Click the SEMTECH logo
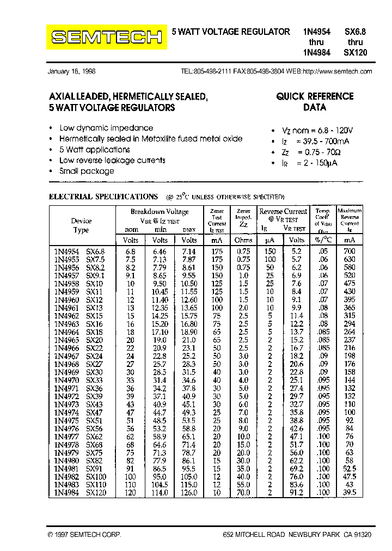click(x=107, y=37)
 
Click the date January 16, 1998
click(x=71, y=71)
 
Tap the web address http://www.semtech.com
click(x=337, y=71)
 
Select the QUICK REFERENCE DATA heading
click(x=315, y=102)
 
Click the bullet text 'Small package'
click(x=87, y=171)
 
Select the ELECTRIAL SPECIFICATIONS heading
click(x=103, y=197)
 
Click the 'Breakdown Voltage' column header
click(x=160, y=212)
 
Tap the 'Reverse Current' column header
click(x=283, y=211)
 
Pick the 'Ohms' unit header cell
click(x=243, y=240)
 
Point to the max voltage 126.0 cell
click(x=189, y=493)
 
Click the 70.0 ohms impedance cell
click(x=243, y=493)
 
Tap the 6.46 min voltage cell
click(x=160, y=252)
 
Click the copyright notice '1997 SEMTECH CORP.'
click(x=84, y=535)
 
